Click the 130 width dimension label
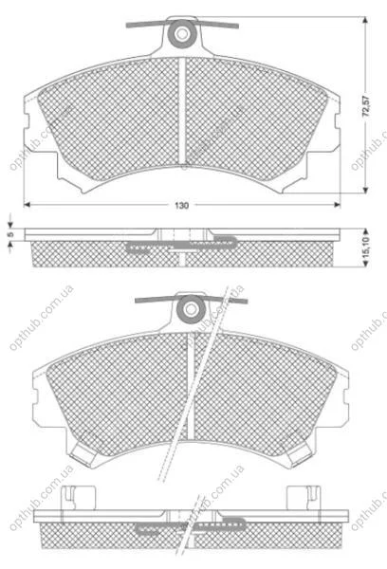click(182, 206)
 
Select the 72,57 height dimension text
click(366, 106)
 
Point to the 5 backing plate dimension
click(10, 234)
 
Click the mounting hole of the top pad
click(181, 34)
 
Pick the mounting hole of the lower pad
click(191, 309)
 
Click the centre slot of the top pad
click(182, 111)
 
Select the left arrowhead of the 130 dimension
click(27, 205)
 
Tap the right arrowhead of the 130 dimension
click(338, 205)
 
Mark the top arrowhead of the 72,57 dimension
click(365, 20)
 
